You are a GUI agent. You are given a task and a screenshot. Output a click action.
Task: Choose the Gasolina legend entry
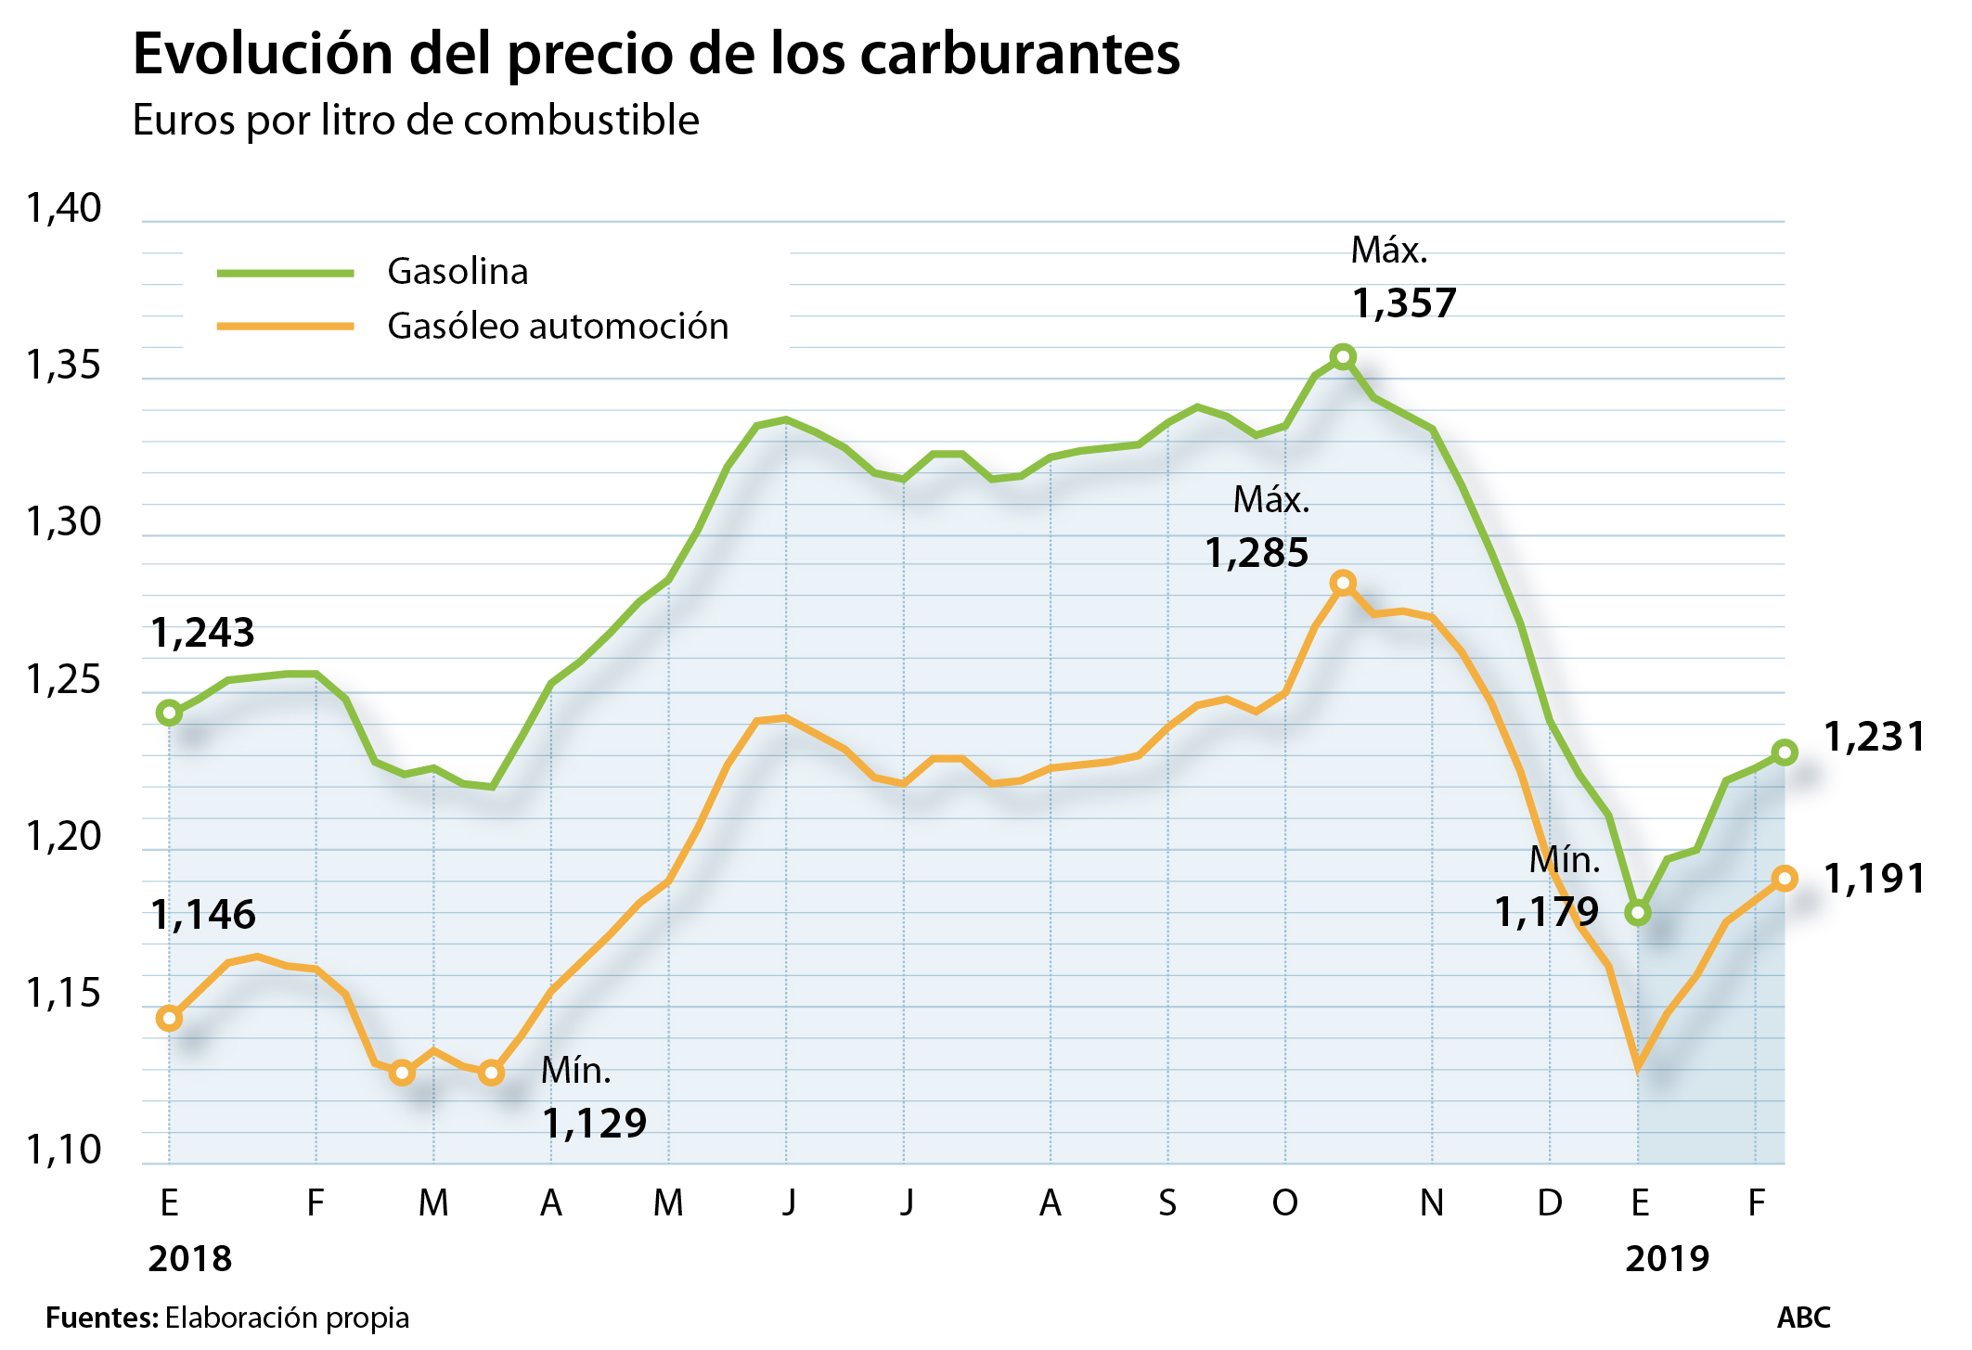tap(457, 272)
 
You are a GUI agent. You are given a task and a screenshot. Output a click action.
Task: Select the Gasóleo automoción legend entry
tap(557, 327)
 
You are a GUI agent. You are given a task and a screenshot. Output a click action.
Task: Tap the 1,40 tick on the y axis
tap(63, 209)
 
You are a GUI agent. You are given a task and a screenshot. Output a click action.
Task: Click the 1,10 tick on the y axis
tap(63, 1151)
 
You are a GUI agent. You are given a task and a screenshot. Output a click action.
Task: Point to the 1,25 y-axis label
tap(63, 680)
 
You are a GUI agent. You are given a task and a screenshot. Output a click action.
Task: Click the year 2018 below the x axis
tap(190, 1259)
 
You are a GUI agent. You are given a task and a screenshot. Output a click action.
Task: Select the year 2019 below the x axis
tap(1667, 1259)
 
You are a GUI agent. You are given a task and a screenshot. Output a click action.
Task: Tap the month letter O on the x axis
tap(1284, 1203)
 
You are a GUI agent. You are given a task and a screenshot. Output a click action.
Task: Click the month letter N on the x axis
tap(1432, 1203)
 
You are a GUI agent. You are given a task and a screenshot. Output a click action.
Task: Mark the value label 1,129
tap(594, 1124)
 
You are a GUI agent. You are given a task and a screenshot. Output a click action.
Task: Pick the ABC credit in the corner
tap(1803, 1318)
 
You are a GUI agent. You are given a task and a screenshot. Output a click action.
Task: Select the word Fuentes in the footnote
tap(101, 1318)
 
